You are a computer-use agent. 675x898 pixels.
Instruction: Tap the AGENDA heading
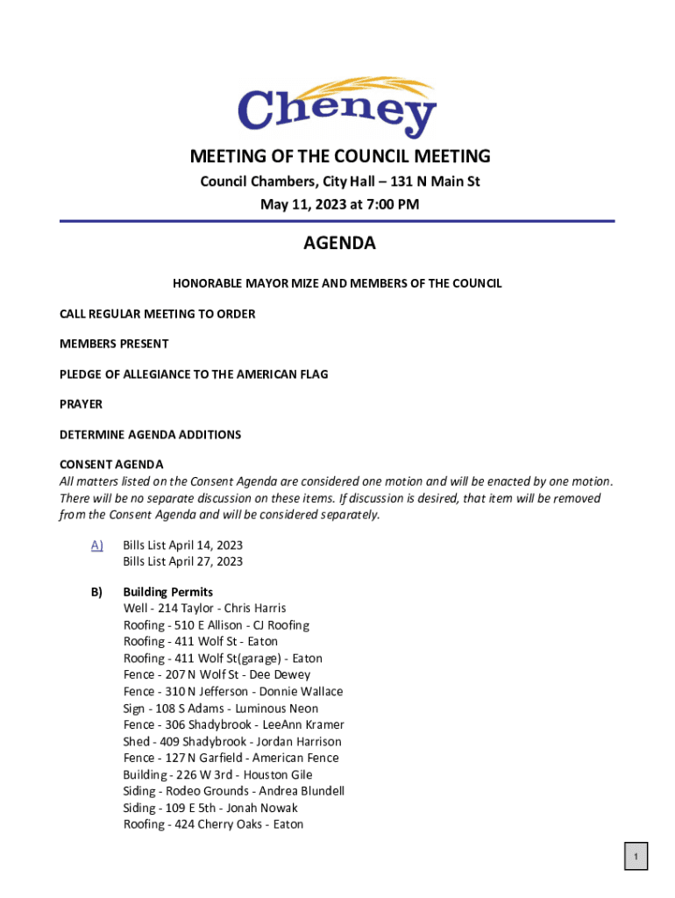(339, 244)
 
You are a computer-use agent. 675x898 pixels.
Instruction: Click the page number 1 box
(636, 856)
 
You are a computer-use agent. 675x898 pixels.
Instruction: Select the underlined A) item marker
(96, 545)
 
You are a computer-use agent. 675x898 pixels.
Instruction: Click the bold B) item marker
(96, 592)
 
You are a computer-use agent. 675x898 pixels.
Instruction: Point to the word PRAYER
(81, 404)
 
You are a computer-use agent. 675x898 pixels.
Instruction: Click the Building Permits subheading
(167, 592)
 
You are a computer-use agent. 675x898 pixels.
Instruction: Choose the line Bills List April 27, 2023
(182, 561)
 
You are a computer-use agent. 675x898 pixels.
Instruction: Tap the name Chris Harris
(255, 609)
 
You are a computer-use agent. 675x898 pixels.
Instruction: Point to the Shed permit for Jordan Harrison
(232, 742)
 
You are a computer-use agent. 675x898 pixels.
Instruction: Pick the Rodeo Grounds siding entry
(234, 791)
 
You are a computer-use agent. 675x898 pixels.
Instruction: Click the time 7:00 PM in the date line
(391, 205)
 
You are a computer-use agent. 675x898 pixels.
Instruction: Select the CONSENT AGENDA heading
(111, 464)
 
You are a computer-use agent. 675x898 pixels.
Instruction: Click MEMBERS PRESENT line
(114, 344)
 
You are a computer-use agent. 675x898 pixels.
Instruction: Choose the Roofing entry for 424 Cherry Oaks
(214, 824)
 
